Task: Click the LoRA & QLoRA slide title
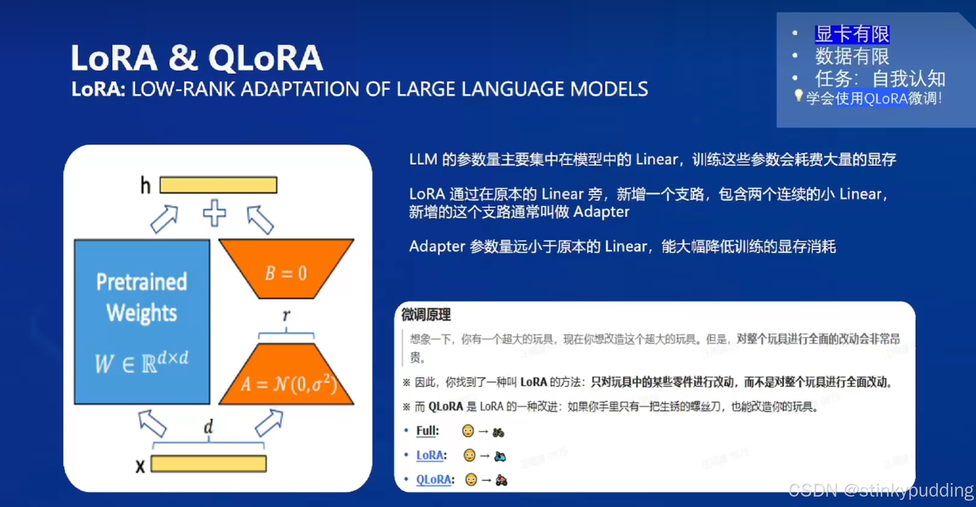click(197, 58)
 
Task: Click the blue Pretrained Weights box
click(142, 321)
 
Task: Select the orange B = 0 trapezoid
click(286, 269)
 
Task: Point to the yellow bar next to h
click(218, 185)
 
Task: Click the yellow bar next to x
click(208, 464)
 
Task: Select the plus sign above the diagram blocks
click(214, 213)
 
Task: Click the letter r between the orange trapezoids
click(286, 315)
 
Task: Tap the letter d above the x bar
click(208, 426)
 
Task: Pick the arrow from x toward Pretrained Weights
click(152, 423)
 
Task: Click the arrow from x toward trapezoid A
click(269, 423)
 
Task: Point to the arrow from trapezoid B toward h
click(260, 219)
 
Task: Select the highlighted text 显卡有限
click(852, 34)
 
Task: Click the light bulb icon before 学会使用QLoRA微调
click(798, 96)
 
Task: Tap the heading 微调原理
click(426, 315)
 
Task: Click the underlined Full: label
click(427, 431)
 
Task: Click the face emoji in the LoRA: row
click(469, 455)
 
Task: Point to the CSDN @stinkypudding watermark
click(881, 490)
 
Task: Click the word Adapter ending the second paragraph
click(601, 212)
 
